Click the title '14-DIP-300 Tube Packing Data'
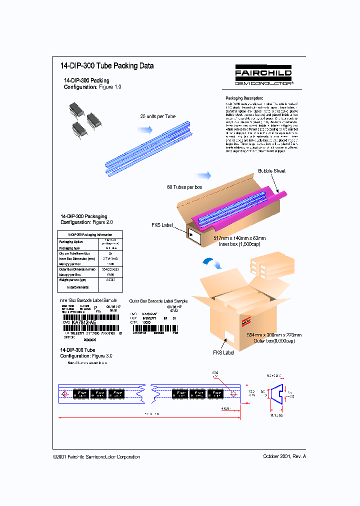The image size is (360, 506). [x=106, y=66]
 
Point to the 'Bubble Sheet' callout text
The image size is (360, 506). [x=272, y=171]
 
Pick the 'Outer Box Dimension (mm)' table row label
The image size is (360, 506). [x=77, y=269]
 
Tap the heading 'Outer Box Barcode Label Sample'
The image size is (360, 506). [x=158, y=301]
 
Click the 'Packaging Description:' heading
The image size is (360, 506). [x=244, y=98]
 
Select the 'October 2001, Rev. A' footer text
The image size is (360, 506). [x=284, y=456]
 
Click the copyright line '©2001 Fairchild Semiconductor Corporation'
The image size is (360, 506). [x=96, y=456]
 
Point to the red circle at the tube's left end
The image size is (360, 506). [x=64, y=394]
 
